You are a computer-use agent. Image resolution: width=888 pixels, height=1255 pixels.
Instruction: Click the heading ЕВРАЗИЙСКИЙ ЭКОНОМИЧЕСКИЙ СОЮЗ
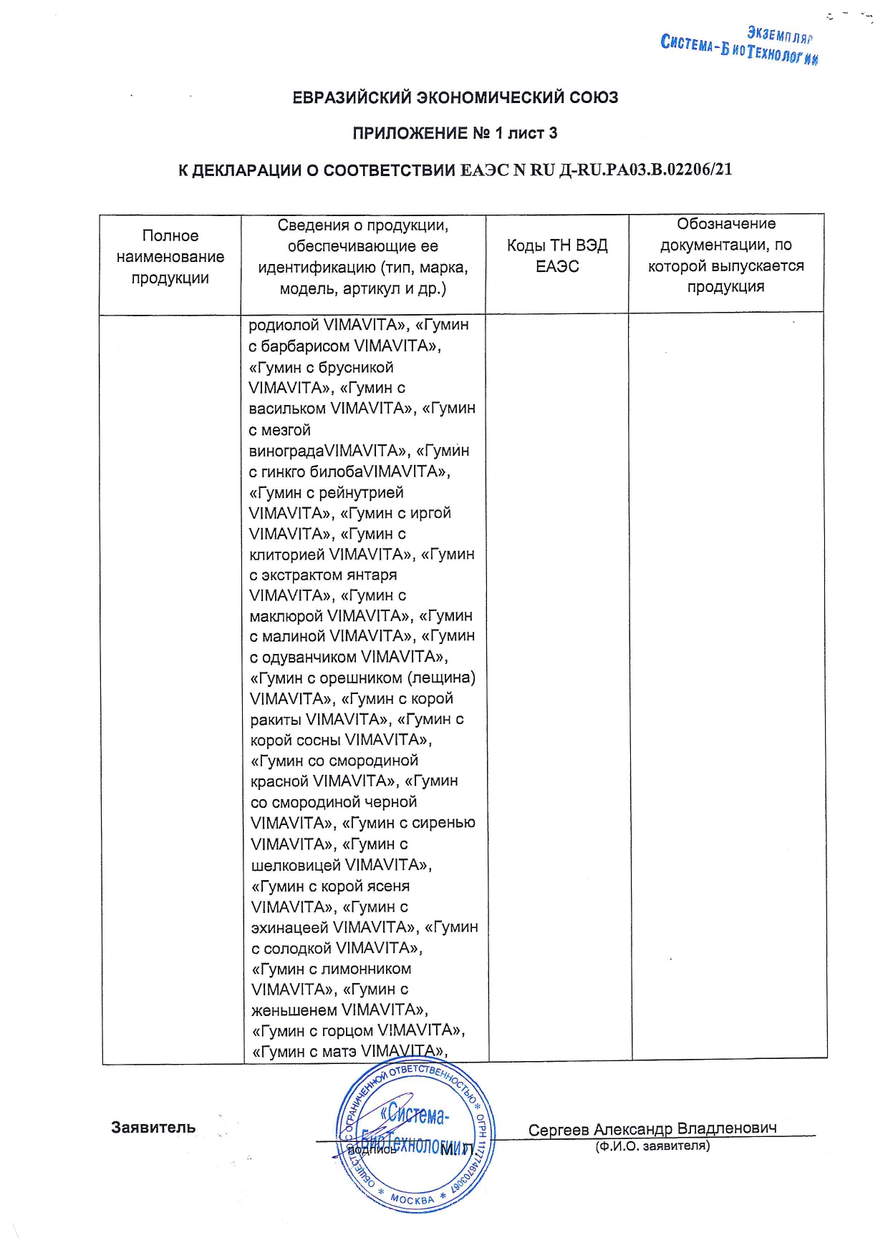click(x=455, y=97)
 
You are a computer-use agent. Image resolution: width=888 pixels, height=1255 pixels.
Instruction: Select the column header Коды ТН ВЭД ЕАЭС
click(x=557, y=256)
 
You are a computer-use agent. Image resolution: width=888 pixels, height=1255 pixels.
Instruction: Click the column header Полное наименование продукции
click(x=170, y=256)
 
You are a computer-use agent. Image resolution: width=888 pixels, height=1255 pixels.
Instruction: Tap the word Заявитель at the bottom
click(x=153, y=1128)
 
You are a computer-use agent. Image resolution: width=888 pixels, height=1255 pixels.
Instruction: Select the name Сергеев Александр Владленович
click(x=652, y=1129)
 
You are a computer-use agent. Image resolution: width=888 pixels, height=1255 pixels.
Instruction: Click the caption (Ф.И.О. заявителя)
click(x=652, y=1146)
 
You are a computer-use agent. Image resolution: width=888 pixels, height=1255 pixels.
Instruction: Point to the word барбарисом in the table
click(x=305, y=346)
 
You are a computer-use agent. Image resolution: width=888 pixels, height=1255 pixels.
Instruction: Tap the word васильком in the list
click(x=287, y=409)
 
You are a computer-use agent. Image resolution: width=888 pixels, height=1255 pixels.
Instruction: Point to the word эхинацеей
click(x=289, y=927)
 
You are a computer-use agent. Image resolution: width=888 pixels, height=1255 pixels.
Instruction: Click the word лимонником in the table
click(x=367, y=969)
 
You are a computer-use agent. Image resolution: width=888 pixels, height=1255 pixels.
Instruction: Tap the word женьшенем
click(x=294, y=1010)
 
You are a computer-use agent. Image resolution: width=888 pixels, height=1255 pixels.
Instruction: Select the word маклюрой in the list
click(x=286, y=616)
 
